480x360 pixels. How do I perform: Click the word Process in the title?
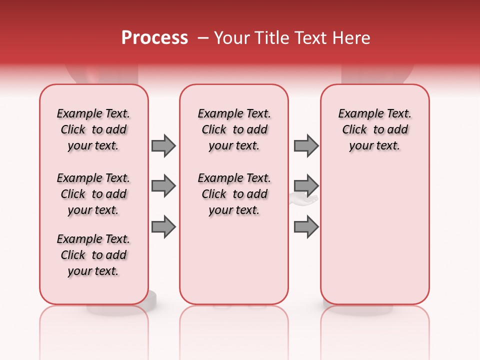click(x=154, y=38)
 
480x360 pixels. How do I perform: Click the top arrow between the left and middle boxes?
click(x=163, y=145)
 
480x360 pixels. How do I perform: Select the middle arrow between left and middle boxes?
click(x=163, y=186)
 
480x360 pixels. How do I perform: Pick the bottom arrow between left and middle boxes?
click(x=163, y=227)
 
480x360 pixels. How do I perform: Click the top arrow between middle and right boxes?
click(x=306, y=145)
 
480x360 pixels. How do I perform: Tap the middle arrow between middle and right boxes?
click(x=306, y=186)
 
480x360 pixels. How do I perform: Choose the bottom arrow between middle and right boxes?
click(x=306, y=227)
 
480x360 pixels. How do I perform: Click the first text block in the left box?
click(x=93, y=129)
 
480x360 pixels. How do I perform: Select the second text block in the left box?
click(x=93, y=194)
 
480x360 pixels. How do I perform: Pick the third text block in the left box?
click(x=93, y=255)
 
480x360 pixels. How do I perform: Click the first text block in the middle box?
click(x=234, y=129)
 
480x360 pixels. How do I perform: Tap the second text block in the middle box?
click(x=234, y=194)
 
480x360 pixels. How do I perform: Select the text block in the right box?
click(x=374, y=129)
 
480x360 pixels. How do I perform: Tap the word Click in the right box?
click(x=354, y=130)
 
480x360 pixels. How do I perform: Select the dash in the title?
click(x=203, y=38)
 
